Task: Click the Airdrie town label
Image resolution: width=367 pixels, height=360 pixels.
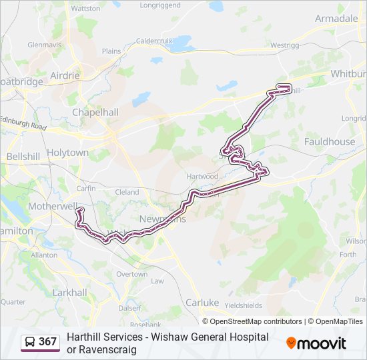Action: pos(64,75)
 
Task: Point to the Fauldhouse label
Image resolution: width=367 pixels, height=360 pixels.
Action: pos(329,141)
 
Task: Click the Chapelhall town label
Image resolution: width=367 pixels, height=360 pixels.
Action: pos(95,112)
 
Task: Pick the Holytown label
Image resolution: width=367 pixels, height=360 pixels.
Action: pos(67,153)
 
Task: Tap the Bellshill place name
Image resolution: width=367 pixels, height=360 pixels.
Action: pos(23,156)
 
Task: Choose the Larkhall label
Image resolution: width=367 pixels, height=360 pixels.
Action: pos(69,292)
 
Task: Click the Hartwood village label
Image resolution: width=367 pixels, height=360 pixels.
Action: pos(203,176)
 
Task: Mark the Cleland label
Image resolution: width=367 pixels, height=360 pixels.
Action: pos(127,192)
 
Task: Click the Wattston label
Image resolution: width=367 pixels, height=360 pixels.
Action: pos(85,9)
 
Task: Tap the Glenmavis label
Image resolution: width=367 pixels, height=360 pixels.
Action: pos(44,45)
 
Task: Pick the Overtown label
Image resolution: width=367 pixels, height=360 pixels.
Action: pos(131,274)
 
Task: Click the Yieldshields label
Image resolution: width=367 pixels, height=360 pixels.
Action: pos(243,305)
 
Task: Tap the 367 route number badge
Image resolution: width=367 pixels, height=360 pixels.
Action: pos(41,342)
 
